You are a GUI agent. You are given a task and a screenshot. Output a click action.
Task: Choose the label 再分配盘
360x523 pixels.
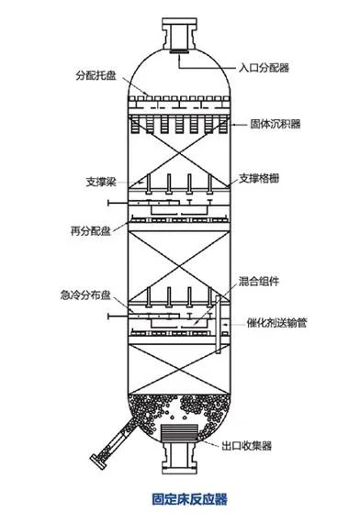pos(86,227)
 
